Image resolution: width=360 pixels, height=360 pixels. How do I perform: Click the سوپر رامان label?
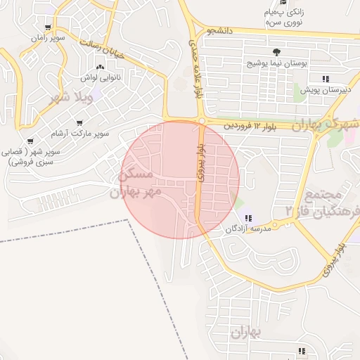pyautogui.click(x=51, y=38)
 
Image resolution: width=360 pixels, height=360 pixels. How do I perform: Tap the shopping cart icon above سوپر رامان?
pyautogui.click(x=47, y=28)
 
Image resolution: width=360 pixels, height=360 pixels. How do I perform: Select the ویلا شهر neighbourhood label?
pyautogui.click(x=70, y=99)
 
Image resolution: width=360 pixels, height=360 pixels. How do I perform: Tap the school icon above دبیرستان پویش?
pyautogui.click(x=325, y=79)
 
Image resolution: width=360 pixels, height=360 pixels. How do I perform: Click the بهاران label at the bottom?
pyautogui.click(x=245, y=331)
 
